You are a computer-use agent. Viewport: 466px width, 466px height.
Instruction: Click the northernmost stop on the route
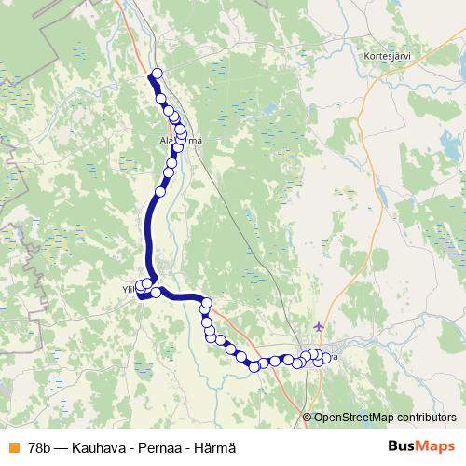click(157, 74)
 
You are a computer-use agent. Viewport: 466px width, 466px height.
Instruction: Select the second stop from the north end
click(161, 98)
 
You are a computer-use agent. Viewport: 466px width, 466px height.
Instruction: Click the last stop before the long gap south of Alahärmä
click(160, 191)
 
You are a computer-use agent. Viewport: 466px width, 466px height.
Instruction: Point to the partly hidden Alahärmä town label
click(181, 141)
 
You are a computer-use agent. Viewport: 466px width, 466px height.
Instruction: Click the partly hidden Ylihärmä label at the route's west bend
click(130, 289)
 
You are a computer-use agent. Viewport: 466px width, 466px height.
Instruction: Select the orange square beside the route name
click(13, 447)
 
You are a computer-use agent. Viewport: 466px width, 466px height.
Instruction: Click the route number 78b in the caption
click(40, 447)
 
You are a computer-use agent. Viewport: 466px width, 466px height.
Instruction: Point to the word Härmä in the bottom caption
click(214, 447)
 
